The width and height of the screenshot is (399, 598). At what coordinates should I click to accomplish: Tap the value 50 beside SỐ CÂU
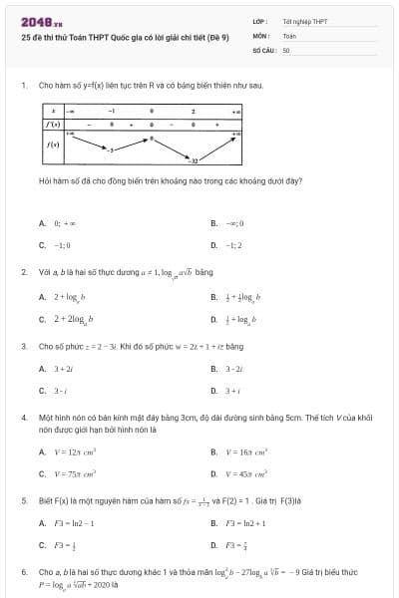[x=286, y=49]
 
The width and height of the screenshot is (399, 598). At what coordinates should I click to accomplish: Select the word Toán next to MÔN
[x=289, y=35]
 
